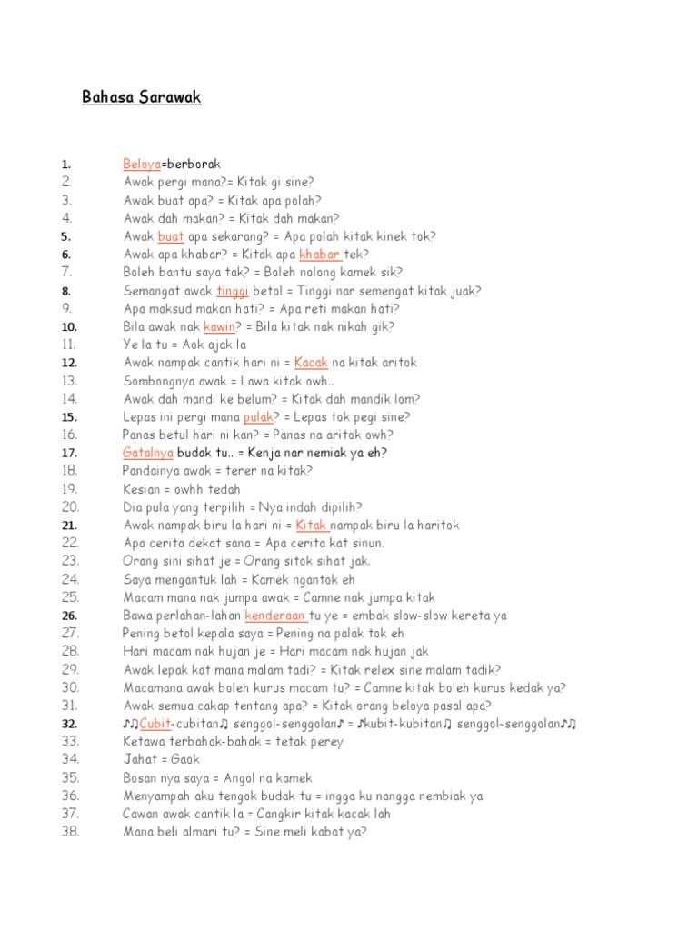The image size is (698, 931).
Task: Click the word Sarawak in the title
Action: click(x=171, y=97)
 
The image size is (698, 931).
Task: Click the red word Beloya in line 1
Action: click(x=142, y=165)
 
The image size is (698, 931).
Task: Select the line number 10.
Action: click(x=70, y=326)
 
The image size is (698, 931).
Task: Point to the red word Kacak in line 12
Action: click(x=312, y=363)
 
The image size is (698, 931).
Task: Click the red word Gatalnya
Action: click(x=148, y=453)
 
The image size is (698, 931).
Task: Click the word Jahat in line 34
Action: click(x=138, y=759)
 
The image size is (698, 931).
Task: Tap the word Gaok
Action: click(x=185, y=759)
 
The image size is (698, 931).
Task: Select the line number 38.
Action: click(x=70, y=831)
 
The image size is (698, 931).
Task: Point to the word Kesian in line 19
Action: click(x=141, y=489)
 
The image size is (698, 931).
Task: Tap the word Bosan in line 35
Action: click(x=140, y=777)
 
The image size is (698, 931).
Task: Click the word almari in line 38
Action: click(x=199, y=831)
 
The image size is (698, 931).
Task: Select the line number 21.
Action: click(x=70, y=526)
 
